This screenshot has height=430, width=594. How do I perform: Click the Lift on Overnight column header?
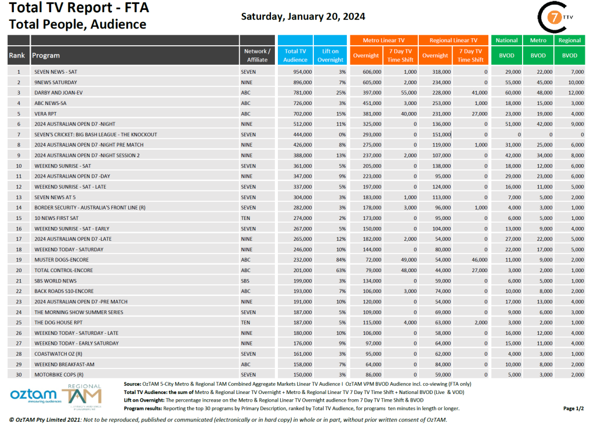coord(331,55)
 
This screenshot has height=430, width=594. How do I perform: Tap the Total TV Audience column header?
coord(295,55)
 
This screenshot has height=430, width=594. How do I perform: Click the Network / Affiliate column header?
coord(256,55)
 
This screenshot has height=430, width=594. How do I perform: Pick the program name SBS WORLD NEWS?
coord(55,280)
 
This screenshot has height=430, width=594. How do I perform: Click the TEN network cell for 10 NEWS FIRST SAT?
coord(246,218)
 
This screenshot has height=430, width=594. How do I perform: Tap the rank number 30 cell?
coord(19,374)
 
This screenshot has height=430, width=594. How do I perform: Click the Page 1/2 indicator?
coord(573,409)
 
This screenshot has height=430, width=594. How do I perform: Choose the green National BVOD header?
coord(506,41)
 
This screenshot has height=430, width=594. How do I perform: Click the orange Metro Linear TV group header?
coord(383,41)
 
